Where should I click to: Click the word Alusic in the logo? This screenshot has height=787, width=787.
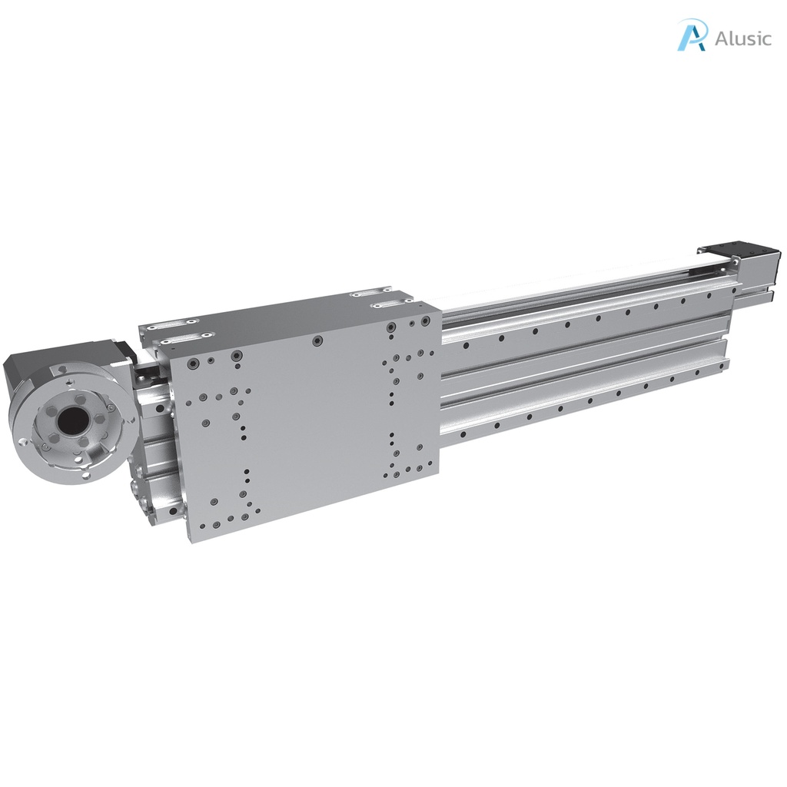(x=742, y=38)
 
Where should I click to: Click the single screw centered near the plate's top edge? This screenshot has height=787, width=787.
(x=316, y=339)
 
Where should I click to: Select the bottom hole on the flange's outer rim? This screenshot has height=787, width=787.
(x=85, y=477)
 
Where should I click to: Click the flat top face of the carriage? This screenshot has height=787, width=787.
(x=284, y=315)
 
